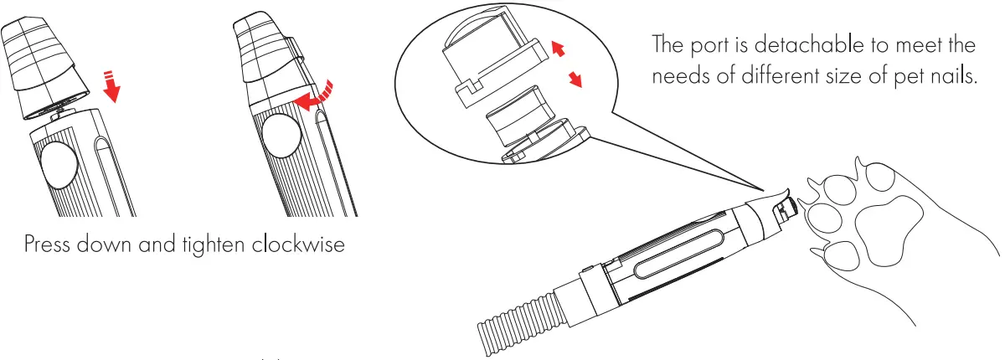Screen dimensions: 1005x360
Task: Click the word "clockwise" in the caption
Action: coord(298,244)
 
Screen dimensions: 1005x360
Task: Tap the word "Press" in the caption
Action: coord(47,244)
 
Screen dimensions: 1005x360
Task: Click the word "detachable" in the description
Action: coord(809,45)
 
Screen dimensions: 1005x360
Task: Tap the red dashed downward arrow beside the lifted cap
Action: coord(111,86)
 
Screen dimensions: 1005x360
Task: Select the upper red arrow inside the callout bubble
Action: coord(558,49)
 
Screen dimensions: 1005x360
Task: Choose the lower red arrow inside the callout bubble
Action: coord(575,79)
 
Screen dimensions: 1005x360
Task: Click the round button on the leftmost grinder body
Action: coord(59,165)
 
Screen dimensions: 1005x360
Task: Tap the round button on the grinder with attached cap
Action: coord(281,136)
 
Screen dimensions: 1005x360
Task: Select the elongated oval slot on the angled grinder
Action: coord(678,254)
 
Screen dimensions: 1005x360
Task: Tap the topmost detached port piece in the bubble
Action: coord(496,59)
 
